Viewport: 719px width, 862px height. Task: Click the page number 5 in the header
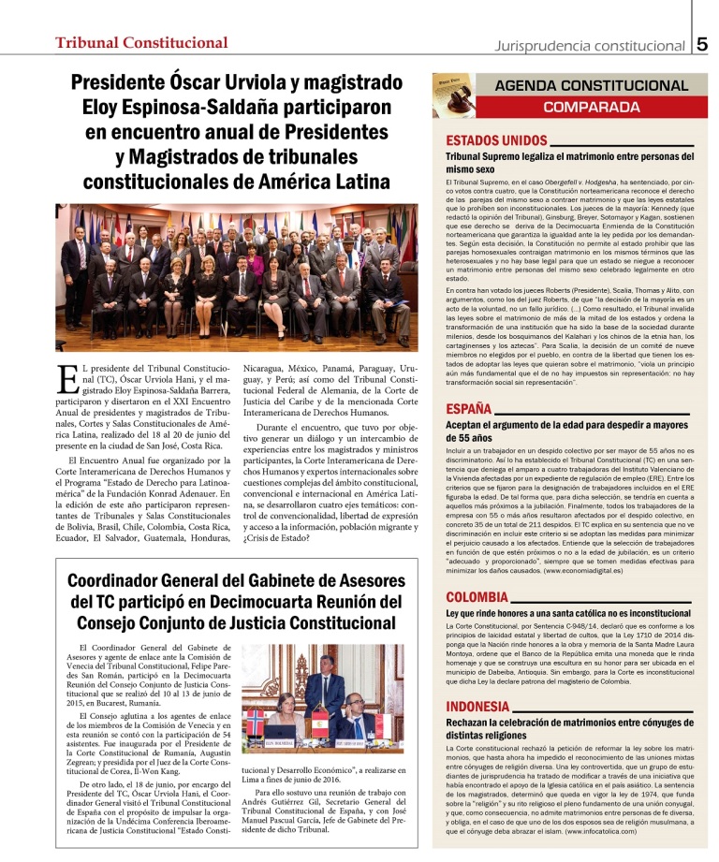click(x=703, y=43)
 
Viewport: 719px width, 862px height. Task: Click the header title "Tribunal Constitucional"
click(x=141, y=43)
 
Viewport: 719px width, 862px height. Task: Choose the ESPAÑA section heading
click(x=470, y=409)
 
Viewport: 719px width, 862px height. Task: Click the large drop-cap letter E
click(x=66, y=379)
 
